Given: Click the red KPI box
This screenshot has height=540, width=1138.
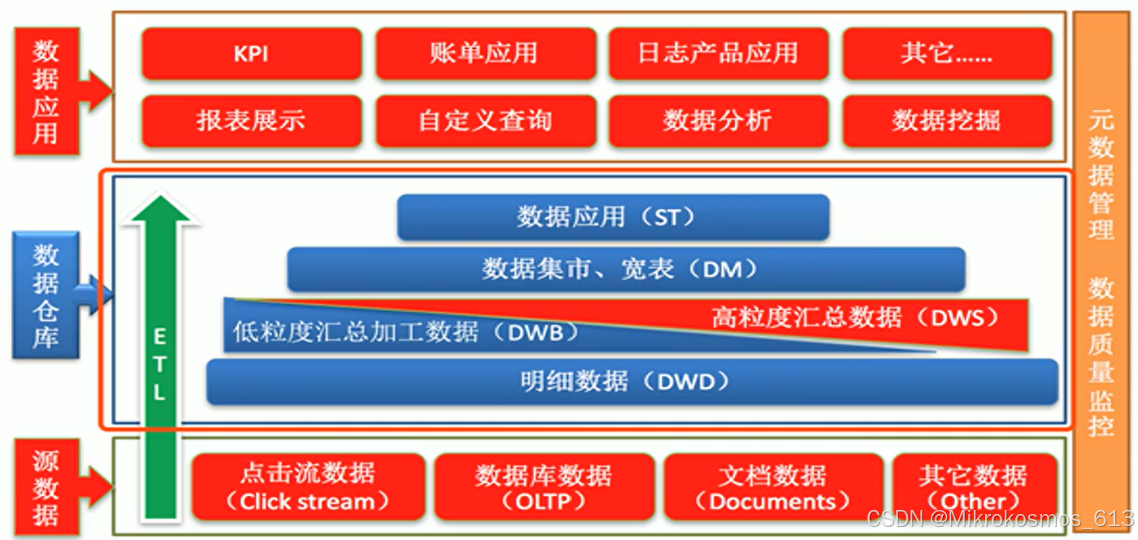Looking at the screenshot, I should tap(251, 54).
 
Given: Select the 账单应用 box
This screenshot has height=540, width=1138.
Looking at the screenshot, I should tap(484, 54).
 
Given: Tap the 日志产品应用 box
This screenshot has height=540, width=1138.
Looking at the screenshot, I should tap(718, 54).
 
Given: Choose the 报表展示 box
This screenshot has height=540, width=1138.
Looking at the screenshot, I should tap(251, 121).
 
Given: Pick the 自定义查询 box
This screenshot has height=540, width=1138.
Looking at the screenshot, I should tap(484, 121).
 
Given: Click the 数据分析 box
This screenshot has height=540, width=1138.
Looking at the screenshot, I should tap(718, 121).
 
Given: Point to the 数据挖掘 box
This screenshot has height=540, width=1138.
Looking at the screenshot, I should tap(947, 121).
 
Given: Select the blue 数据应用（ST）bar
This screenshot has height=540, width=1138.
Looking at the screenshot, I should tap(613, 217).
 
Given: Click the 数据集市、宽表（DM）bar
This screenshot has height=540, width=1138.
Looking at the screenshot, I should tap(625, 269).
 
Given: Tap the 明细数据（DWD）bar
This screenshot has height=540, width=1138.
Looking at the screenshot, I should tap(631, 381).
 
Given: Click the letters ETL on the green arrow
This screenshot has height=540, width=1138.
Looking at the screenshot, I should tap(159, 365).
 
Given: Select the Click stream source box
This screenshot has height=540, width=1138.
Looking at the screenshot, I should tap(308, 487).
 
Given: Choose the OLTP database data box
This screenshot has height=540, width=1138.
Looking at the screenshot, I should tap(544, 487).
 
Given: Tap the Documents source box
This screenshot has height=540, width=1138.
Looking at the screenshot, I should tap(773, 487).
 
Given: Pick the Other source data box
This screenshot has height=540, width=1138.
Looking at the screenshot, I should tap(974, 487).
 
